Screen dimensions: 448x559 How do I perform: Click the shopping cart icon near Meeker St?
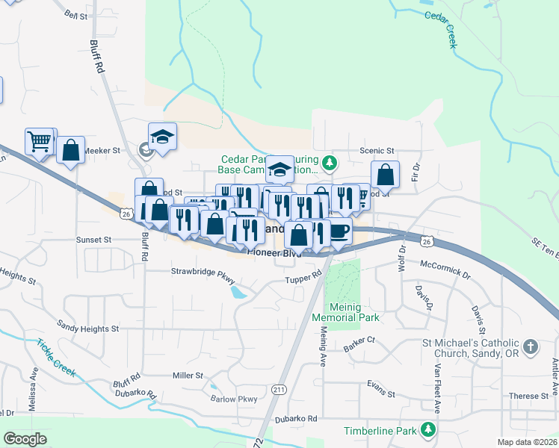(x=40, y=140)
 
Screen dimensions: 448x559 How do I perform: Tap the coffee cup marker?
(x=340, y=231)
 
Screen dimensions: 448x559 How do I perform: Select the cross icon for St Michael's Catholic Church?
(x=530, y=346)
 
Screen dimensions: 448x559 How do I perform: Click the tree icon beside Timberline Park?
(x=427, y=430)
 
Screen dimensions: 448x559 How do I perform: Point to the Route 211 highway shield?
(x=279, y=390)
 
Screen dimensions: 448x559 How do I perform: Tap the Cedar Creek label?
(x=440, y=29)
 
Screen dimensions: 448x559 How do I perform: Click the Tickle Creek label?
(x=56, y=358)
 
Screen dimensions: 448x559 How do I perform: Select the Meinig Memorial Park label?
(x=353, y=312)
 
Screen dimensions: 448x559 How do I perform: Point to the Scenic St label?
(x=377, y=150)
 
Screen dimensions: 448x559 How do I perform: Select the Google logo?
(x=25, y=439)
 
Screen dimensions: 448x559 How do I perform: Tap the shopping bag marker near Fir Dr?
(x=385, y=176)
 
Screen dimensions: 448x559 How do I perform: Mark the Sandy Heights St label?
(x=88, y=328)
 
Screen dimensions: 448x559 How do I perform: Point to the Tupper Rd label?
(x=303, y=279)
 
